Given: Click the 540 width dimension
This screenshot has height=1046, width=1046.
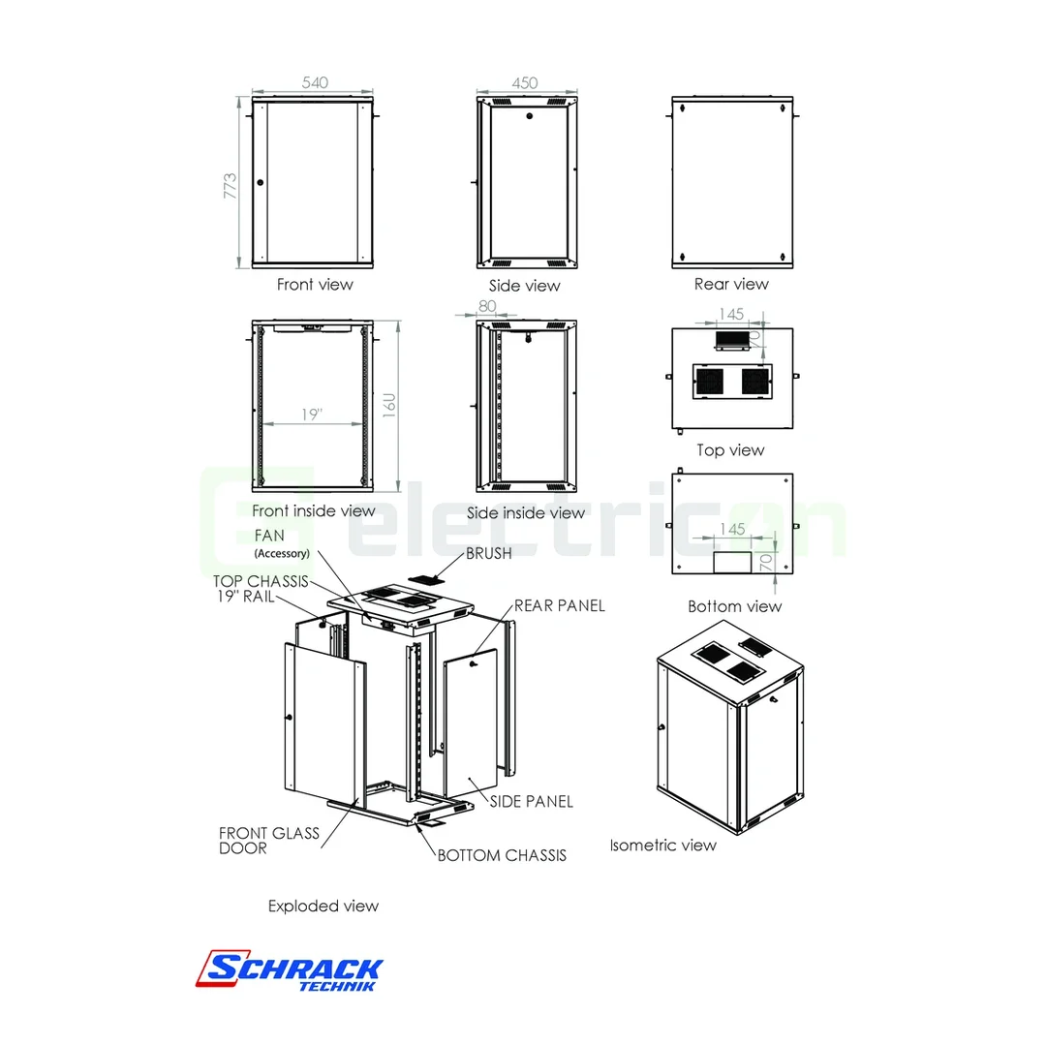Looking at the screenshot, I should (315, 83).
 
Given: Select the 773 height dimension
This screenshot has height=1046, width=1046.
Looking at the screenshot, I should (230, 185).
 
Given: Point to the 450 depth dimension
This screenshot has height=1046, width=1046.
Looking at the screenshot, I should (525, 83).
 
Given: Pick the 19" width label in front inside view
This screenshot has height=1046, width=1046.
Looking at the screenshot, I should (311, 415).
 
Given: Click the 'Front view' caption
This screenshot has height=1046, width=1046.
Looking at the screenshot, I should (315, 285).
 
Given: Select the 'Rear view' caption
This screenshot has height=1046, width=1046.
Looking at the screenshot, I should (731, 284).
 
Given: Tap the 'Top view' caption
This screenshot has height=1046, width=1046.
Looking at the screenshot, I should (730, 450).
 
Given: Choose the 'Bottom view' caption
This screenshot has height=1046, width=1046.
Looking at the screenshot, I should (734, 606).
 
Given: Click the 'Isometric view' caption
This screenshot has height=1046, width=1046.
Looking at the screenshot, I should (662, 845).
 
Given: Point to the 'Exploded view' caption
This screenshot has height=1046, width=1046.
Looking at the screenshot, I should (323, 907).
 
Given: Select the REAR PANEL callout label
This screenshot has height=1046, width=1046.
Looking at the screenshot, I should (559, 605).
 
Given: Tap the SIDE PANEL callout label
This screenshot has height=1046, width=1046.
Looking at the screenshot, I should (531, 801).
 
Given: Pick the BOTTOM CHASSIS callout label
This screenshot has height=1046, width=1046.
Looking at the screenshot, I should (502, 855).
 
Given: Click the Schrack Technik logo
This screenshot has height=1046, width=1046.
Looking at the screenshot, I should (292, 969).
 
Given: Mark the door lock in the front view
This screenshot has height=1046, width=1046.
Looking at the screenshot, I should (260, 182).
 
